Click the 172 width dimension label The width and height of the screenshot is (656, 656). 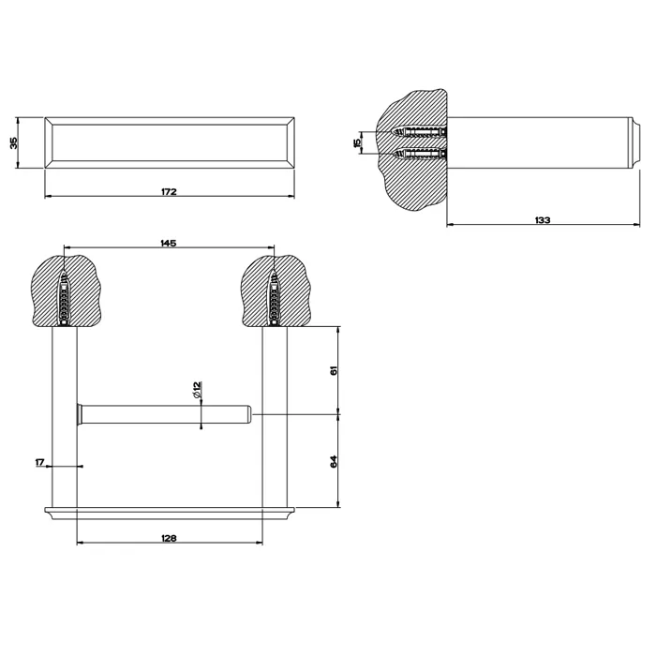169,191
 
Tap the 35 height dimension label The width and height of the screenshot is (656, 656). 14,143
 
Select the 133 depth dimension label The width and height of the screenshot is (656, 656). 543,220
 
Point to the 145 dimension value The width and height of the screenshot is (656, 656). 168,243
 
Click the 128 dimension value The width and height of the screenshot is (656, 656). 169,538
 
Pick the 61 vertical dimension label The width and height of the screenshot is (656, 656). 334,370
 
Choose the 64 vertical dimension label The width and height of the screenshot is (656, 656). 334,461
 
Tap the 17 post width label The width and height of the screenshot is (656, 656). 40,462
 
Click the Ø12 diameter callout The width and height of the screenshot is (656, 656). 198,390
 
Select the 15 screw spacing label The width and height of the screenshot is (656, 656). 357,142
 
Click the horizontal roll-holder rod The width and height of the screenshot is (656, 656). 164,414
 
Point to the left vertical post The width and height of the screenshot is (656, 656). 65,417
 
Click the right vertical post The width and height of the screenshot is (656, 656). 275,417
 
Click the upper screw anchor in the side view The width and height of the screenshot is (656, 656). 420,133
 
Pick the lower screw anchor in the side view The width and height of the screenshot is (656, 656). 420,154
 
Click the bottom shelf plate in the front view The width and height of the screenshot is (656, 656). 170,514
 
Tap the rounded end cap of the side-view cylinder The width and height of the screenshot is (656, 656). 635,142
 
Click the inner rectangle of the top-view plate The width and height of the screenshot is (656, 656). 170,125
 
